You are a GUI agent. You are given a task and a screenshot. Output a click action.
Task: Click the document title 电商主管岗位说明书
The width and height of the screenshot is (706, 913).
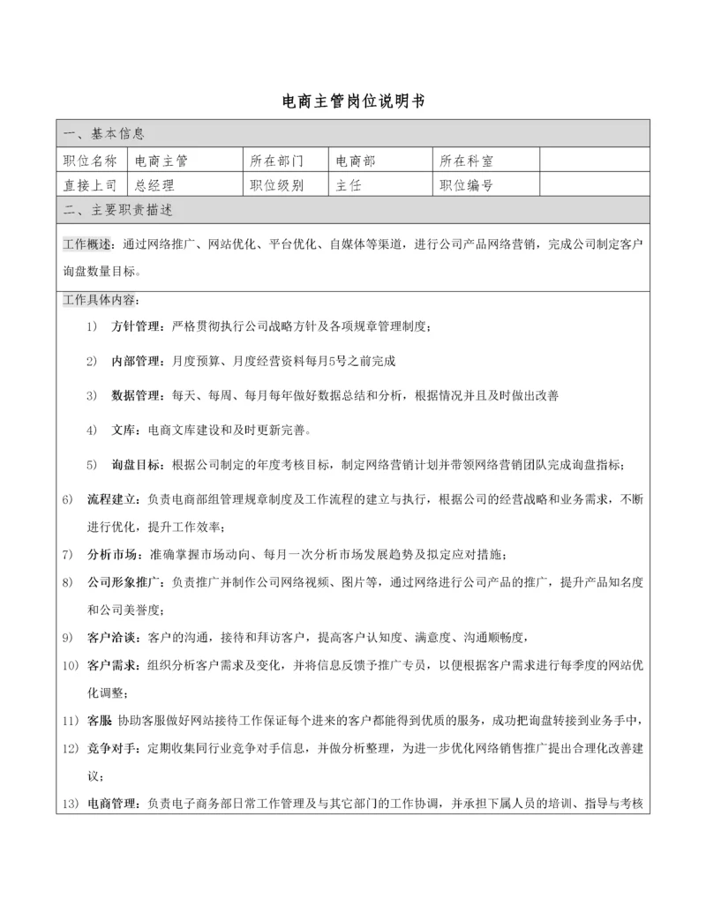352,101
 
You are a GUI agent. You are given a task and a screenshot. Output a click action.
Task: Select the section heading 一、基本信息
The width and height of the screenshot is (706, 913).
105,134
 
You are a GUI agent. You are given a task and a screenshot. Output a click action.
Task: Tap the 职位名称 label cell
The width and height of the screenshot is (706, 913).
90,161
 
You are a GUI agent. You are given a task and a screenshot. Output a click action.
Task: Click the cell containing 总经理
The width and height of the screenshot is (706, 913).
154,185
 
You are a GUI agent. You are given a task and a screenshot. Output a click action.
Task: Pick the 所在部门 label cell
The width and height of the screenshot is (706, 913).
276,161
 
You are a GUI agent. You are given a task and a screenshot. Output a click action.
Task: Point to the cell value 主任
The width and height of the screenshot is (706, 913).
349,185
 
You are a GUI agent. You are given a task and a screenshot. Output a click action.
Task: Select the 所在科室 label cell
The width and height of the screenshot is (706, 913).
466,161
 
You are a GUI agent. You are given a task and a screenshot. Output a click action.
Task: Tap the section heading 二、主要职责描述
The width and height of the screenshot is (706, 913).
118,210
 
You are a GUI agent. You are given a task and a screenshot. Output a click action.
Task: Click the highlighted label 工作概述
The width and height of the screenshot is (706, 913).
86,244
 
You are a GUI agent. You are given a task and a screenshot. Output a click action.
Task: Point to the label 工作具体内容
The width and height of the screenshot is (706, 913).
99,299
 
